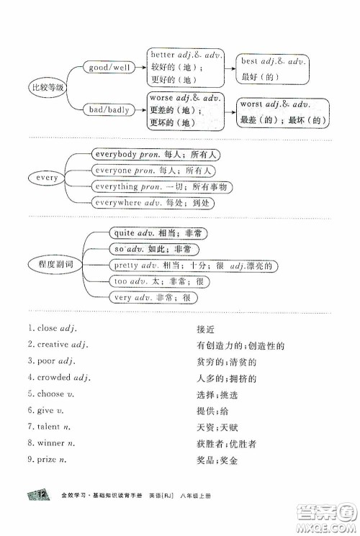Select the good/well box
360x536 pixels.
(109, 67)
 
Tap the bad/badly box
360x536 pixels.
(109, 109)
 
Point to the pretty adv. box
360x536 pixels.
(193, 265)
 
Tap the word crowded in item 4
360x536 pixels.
(53, 377)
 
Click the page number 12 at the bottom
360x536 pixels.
(41, 514)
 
